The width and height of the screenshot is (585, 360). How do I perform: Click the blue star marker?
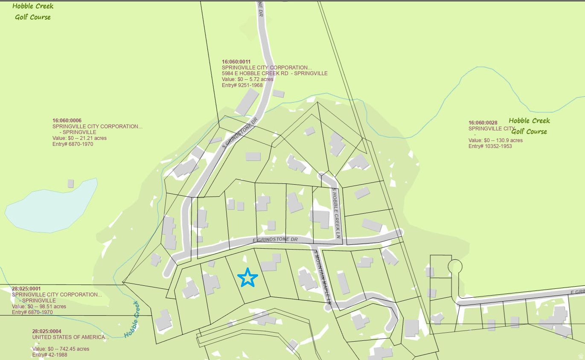248,278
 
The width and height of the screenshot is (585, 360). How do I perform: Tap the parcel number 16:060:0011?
236,62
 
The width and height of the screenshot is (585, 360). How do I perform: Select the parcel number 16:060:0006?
67,120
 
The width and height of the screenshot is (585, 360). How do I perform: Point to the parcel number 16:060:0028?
483,122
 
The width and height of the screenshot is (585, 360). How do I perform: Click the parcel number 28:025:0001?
26,289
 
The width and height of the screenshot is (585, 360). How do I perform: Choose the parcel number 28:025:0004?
47,331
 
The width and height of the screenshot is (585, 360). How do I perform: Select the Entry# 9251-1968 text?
242,85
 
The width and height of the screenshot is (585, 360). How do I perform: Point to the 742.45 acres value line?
61,349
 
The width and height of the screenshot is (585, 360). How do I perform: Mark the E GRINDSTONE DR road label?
275,240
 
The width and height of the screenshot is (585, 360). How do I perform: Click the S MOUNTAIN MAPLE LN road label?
323,276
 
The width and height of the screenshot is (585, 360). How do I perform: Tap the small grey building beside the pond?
70,183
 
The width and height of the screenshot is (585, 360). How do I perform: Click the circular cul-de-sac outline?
455,267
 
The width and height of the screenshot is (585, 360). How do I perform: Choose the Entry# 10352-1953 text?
490,146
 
